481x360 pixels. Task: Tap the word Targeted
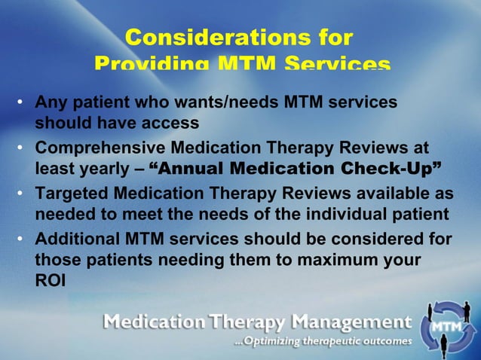[x=72, y=194]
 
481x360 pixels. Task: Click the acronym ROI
[x=50, y=281]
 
